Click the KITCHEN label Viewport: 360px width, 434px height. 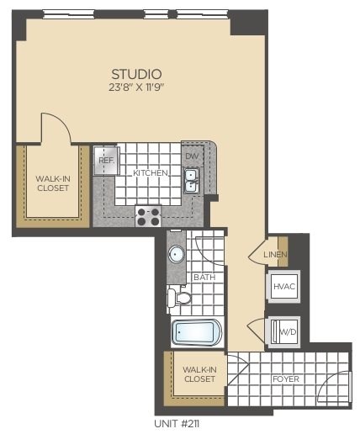coord(151,173)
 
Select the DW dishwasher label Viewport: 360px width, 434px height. coord(191,156)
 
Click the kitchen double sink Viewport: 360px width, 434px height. coord(191,181)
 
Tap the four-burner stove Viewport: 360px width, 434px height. coord(148,216)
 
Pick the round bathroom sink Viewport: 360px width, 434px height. coord(177,255)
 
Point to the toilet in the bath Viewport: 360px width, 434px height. coord(179,297)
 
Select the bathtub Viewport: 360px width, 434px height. coord(197,333)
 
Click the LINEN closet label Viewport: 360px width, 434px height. coord(276,254)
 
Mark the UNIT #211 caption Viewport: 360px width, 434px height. coord(177,424)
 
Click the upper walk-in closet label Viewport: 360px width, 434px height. coord(53,183)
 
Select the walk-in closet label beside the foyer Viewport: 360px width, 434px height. coord(199,373)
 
